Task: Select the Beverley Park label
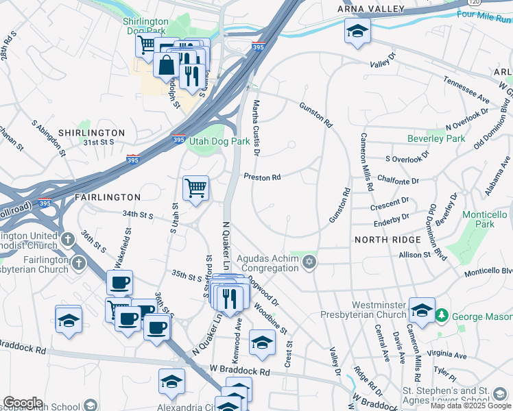[x=436, y=138]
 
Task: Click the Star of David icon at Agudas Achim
[x=309, y=263]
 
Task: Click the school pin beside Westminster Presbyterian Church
[x=422, y=309]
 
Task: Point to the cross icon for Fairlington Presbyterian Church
[x=79, y=263]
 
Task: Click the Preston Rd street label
[x=263, y=177]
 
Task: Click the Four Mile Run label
[x=480, y=14]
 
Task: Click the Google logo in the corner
[x=23, y=402]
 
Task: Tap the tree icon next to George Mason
[x=444, y=316]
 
